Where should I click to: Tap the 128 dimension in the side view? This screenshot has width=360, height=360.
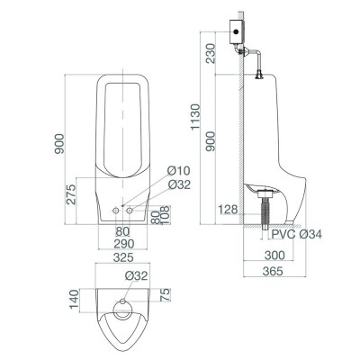[229, 210]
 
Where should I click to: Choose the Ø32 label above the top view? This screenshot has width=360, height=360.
[137, 275]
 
